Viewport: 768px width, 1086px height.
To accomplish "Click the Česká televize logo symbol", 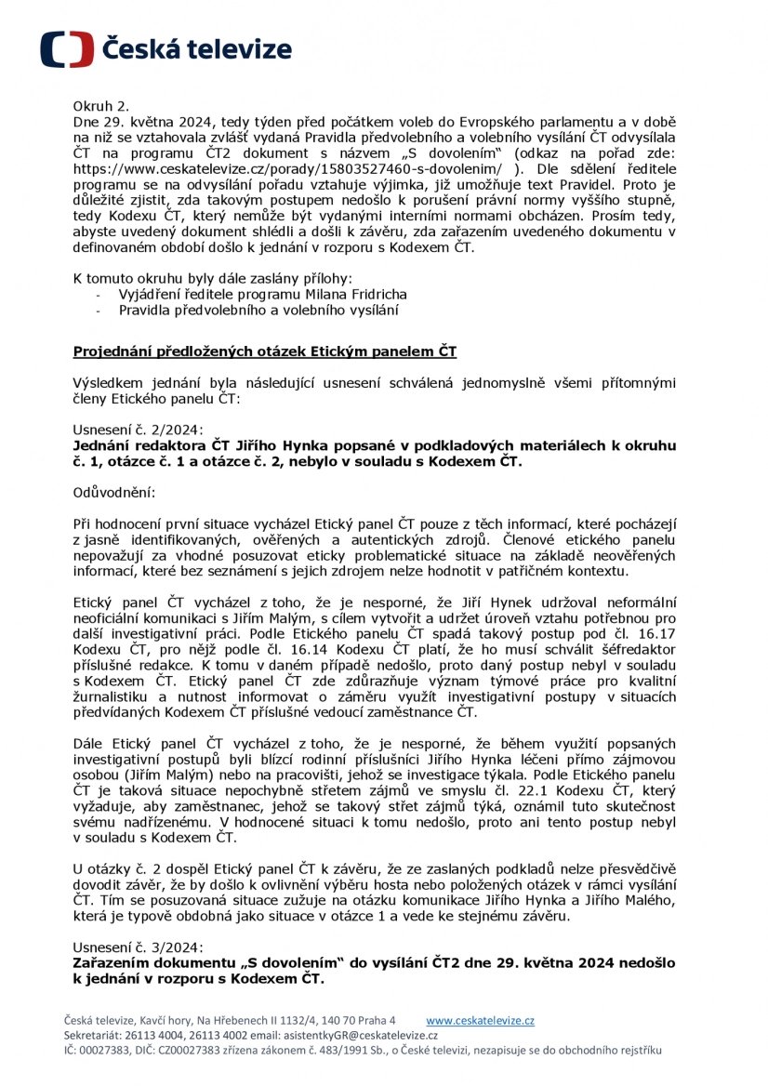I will point(66,49).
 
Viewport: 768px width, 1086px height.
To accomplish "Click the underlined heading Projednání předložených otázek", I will point(265,351).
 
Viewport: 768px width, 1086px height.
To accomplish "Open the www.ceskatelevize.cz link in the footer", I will point(480,1020).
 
